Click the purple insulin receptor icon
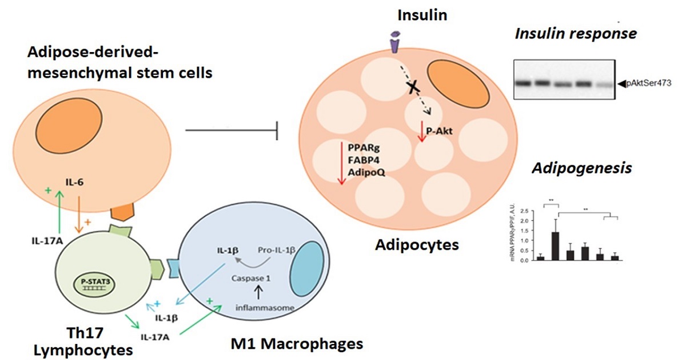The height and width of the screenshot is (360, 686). point(394,43)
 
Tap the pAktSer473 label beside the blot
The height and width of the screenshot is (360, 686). point(651,83)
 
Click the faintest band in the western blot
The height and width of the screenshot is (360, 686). point(603,84)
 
